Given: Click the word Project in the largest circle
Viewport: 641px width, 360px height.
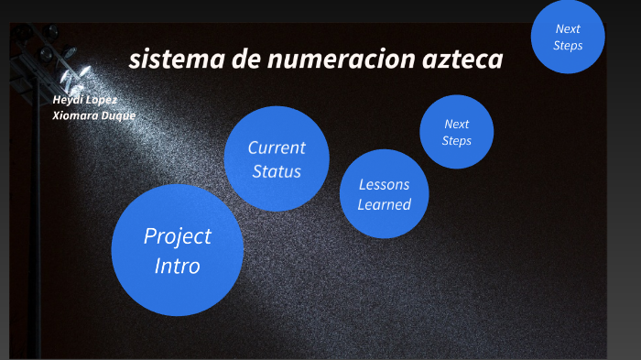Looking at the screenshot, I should [177, 236].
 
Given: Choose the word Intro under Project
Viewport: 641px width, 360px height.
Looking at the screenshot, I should [177, 267].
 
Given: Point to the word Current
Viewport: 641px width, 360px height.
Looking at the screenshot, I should [277, 147].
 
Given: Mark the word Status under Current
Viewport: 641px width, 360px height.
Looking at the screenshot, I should [277, 171].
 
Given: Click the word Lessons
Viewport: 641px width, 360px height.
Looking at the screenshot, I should [384, 184].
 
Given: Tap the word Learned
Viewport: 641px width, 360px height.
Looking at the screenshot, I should [384, 204].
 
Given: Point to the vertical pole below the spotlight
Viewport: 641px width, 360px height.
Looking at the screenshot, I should [38, 229].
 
